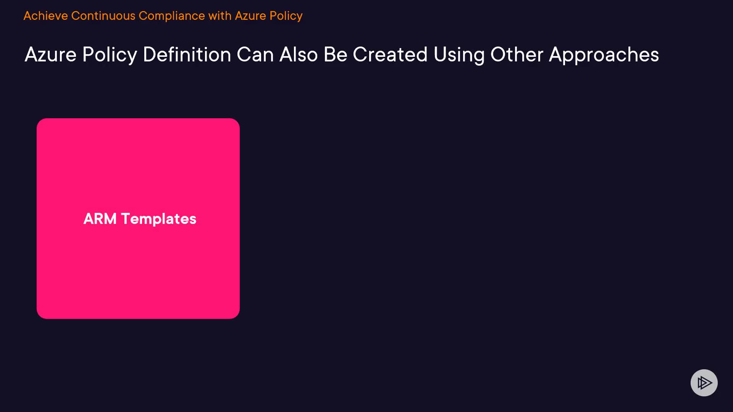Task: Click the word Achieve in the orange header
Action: click(x=46, y=16)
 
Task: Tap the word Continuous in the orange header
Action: click(x=103, y=16)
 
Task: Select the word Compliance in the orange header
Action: click(x=172, y=16)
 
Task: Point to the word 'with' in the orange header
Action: click(x=220, y=16)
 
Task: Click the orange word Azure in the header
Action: click(x=250, y=16)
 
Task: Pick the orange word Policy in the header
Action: click(x=286, y=16)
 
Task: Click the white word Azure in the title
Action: click(x=51, y=55)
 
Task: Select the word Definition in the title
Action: click(x=187, y=55)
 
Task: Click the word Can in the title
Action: click(x=255, y=55)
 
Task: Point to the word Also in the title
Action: click(x=299, y=55)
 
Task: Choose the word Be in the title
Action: click(x=336, y=55)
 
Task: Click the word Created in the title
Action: click(x=390, y=55)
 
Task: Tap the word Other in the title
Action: click(x=517, y=55)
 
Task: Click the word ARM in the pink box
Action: click(x=100, y=219)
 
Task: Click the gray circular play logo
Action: click(x=704, y=383)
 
